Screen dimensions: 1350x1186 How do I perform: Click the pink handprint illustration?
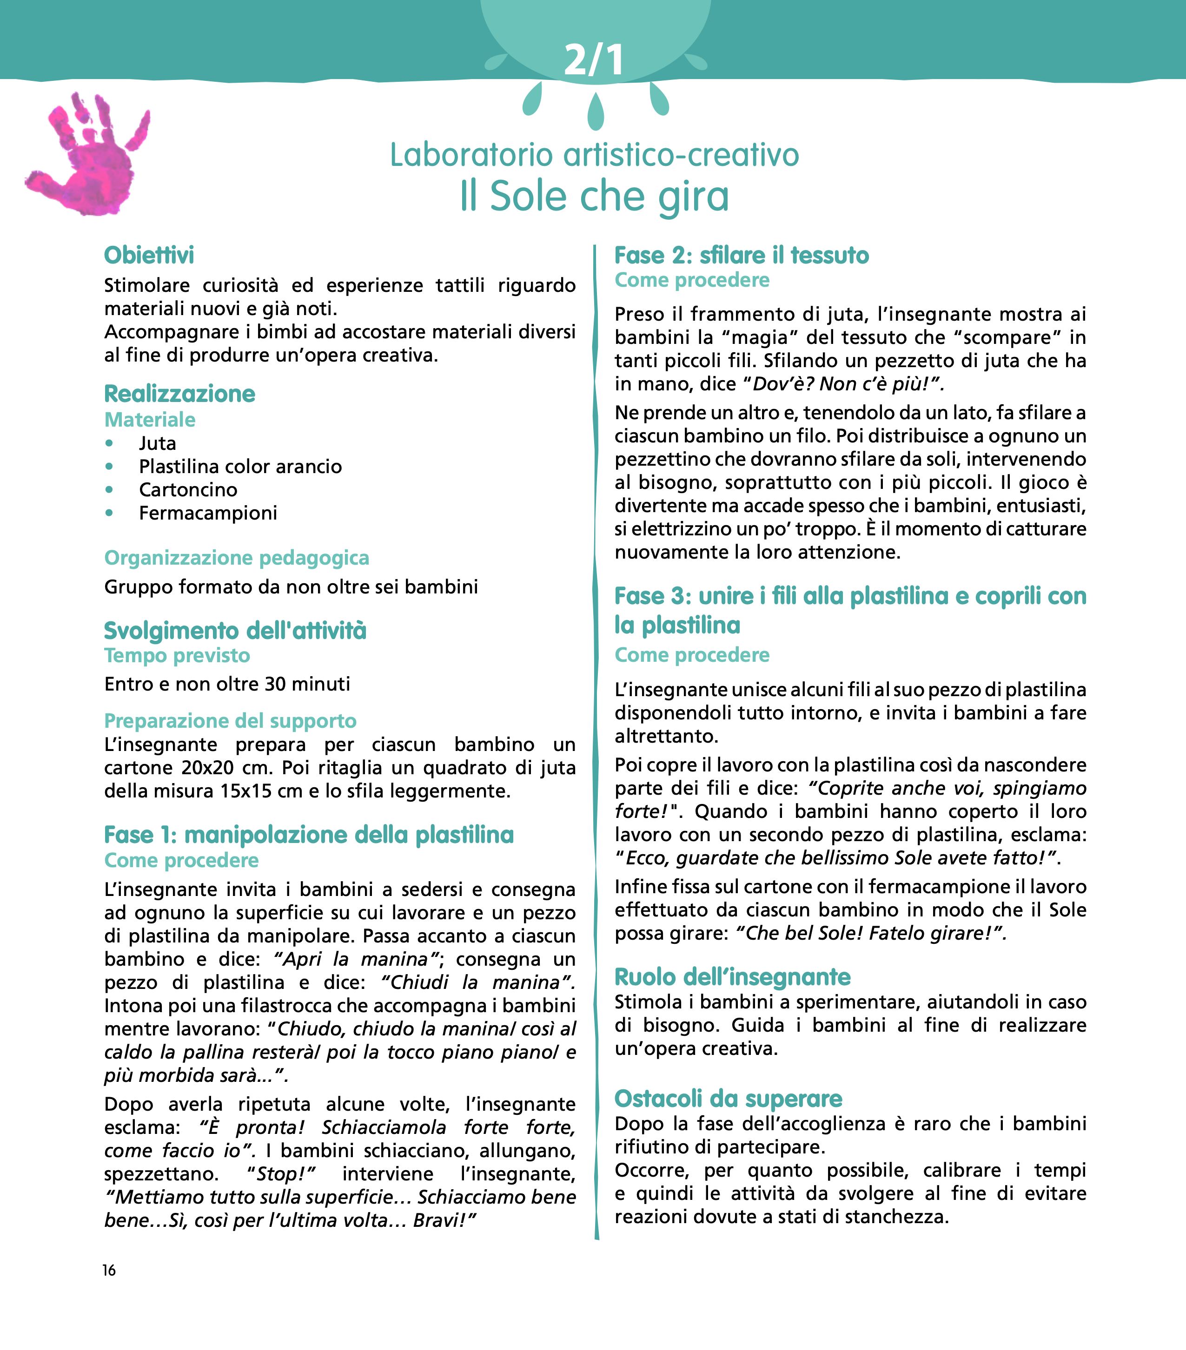[89, 155]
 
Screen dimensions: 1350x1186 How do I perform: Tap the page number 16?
[109, 1270]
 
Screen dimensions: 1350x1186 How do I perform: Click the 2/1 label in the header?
[593, 60]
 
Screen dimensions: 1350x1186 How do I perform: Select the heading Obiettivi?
[149, 256]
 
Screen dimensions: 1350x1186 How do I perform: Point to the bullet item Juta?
[157, 443]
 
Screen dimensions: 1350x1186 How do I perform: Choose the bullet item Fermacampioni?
[207, 513]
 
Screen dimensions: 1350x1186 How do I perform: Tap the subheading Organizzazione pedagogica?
[237, 558]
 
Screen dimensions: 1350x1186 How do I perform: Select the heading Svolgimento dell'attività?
[235, 631]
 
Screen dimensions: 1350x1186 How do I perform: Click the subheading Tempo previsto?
[177, 656]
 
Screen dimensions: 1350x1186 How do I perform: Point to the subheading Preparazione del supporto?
[230, 721]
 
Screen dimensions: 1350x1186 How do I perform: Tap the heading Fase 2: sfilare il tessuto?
[742, 256]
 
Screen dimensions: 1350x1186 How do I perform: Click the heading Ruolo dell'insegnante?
[732, 977]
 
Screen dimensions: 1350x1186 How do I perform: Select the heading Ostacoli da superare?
[728, 1099]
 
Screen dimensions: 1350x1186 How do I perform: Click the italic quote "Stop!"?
[281, 1174]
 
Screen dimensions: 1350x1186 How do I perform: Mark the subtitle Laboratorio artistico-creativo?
[594, 155]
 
